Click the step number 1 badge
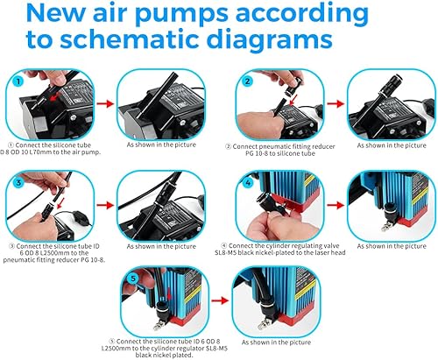18,81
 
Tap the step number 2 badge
248,81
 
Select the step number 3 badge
18,183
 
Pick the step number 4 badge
248,183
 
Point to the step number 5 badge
133,279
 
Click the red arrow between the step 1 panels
105,103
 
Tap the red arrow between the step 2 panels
336,103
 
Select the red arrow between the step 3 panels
105,205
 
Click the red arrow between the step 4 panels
336,205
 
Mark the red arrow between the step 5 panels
220,300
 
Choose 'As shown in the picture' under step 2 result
392,145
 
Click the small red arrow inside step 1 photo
53,98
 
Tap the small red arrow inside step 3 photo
60,203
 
